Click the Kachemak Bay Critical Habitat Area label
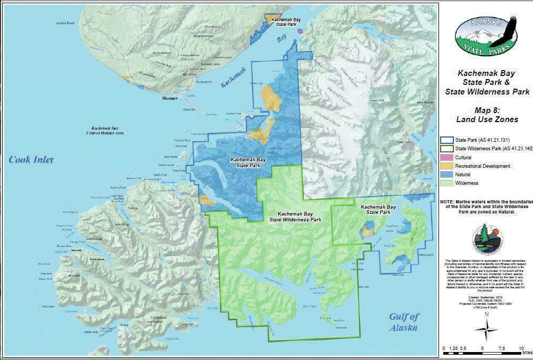[106, 131]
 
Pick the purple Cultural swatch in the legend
[444, 158]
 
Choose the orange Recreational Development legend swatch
[444, 166]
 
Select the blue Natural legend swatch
[444, 174]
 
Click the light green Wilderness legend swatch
[444, 183]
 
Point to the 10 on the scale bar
[521, 348]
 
